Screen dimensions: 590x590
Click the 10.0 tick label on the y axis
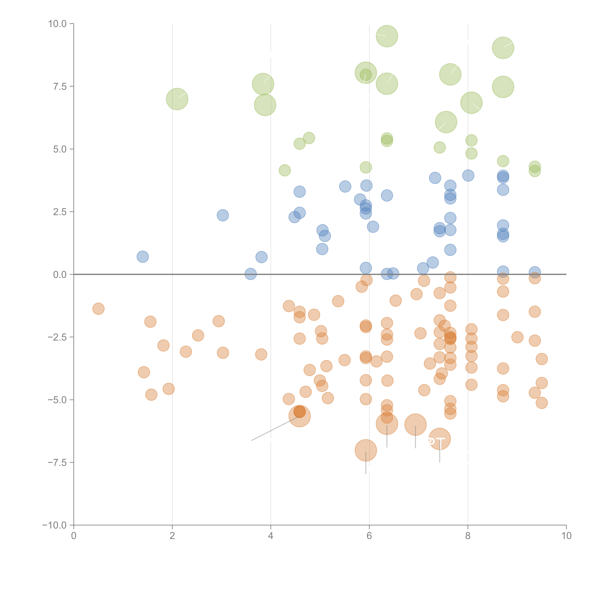(57, 24)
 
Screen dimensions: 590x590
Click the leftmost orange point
(98, 309)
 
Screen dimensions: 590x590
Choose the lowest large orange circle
(366, 450)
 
